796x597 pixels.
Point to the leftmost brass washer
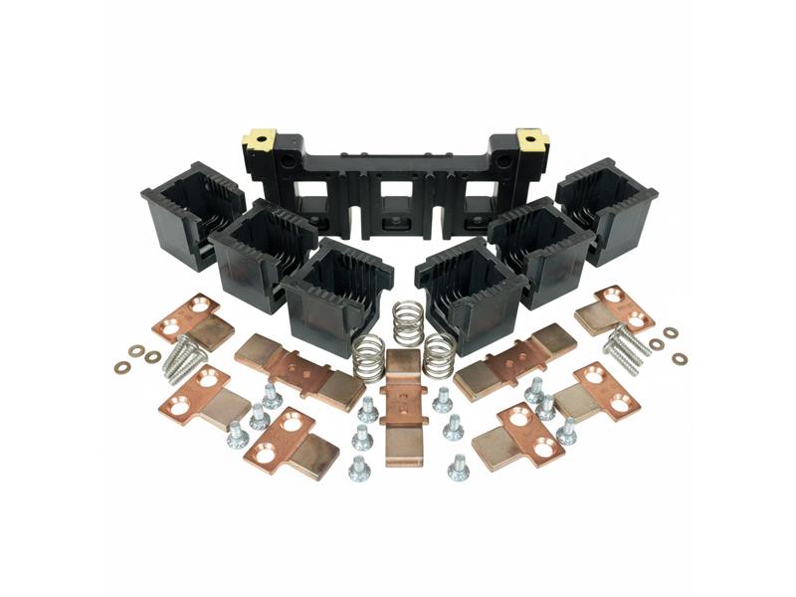(x=121, y=367)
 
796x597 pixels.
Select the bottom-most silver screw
(x=458, y=468)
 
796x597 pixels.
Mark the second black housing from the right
(x=540, y=250)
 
